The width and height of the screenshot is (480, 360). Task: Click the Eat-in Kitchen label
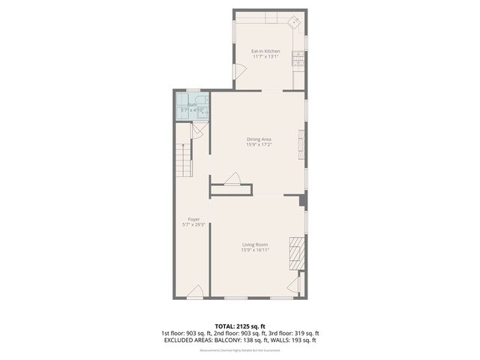265,51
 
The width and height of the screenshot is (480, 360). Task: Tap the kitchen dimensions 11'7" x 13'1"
265,56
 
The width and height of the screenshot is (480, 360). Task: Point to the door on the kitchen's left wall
239,72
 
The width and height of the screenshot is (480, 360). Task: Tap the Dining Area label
259,139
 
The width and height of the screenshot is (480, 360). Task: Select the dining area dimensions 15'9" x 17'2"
259,145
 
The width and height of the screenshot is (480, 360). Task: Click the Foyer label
193,219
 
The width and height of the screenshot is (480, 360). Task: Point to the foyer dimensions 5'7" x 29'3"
193,225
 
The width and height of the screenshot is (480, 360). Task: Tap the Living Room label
255,244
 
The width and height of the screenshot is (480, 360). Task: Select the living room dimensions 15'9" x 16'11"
255,250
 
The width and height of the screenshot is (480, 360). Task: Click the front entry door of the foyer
195,292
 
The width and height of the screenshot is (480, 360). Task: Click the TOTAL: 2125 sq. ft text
239,326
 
